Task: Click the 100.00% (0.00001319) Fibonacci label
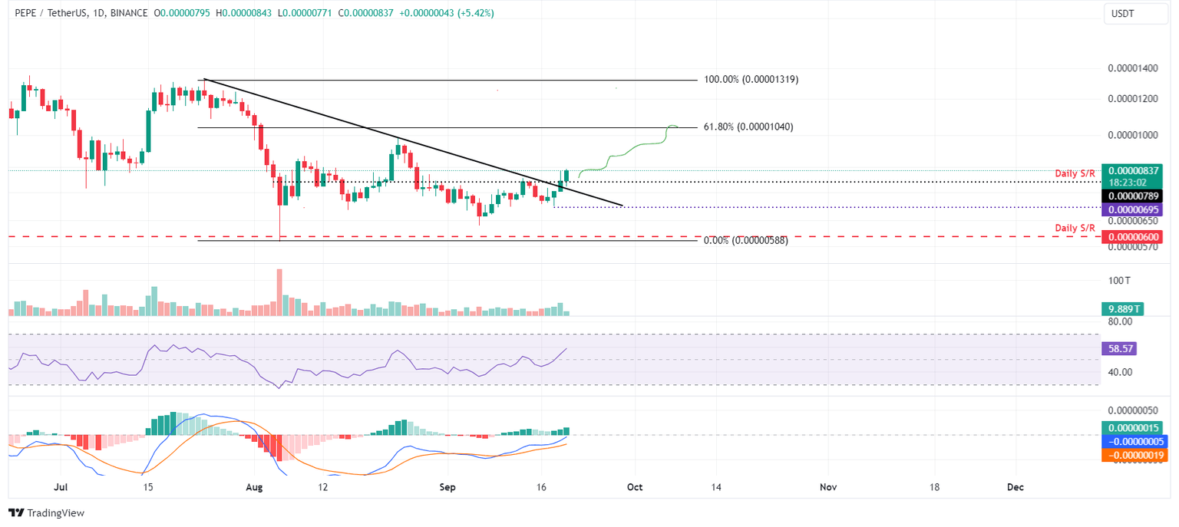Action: coord(751,79)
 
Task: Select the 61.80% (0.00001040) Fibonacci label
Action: coord(748,127)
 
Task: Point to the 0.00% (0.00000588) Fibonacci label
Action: coord(745,240)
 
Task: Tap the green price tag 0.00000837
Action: coord(1131,170)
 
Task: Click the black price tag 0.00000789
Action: coord(1131,196)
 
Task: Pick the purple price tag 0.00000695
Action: coord(1131,209)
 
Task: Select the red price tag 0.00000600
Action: coord(1131,238)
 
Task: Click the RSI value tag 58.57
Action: coord(1118,348)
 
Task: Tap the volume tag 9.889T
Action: coord(1121,309)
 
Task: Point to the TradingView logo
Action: coord(46,512)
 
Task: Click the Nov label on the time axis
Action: coord(827,487)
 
